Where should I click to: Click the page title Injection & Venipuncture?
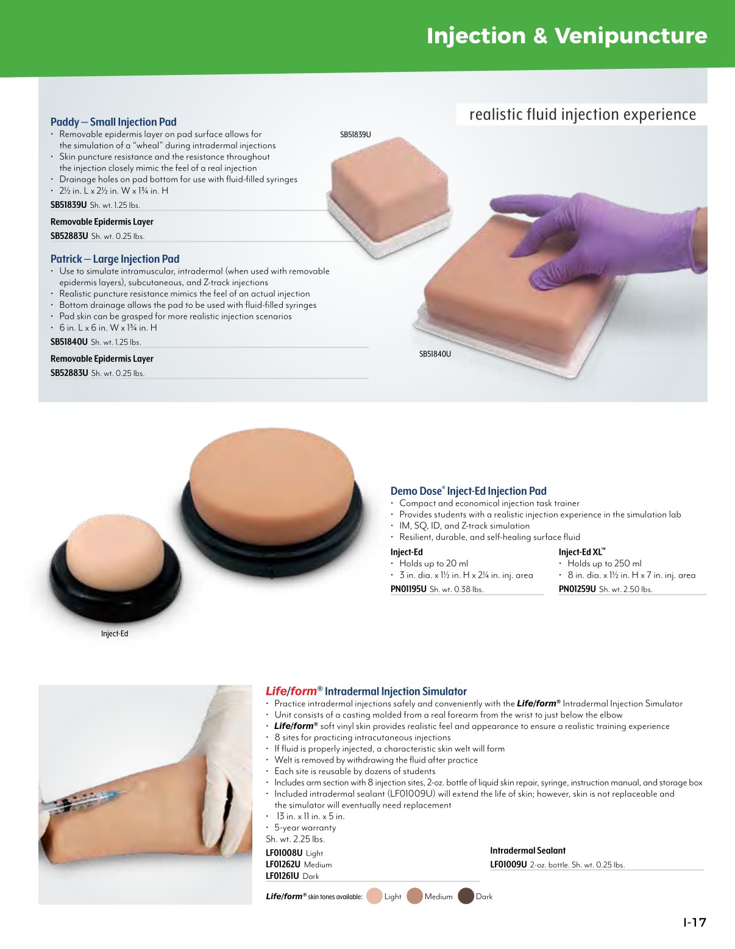point(567,36)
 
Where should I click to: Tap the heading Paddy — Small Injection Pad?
point(113,122)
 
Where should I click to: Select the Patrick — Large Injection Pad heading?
point(115,259)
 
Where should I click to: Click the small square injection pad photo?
point(389,196)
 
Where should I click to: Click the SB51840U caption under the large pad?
point(435,354)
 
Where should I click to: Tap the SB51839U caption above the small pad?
point(355,135)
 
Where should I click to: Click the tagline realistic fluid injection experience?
point(583,115)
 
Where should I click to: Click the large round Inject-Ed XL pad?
point(272,502)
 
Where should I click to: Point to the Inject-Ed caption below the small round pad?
point(115,633)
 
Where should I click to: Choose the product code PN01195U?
point(408,589)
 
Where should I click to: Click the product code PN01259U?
point(577,589)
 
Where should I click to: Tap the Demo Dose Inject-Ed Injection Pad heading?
point(468,491)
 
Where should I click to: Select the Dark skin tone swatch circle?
point(466,896)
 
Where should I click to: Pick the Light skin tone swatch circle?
point(374,896)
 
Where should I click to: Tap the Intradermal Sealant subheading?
point(528,850)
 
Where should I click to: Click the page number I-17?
point(694,922)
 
